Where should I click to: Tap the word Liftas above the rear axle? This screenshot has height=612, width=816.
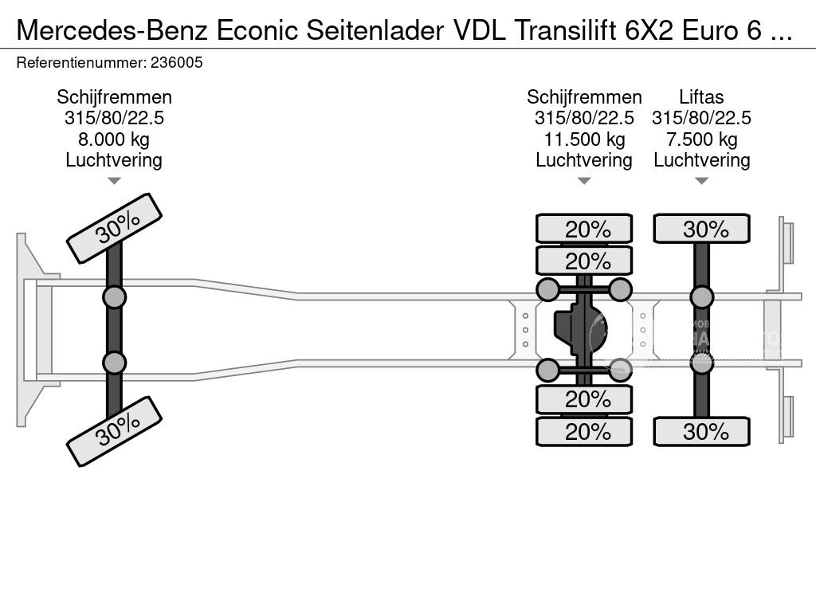click(x=701, y=97)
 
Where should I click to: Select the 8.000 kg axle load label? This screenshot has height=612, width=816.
click(x=114, y=139)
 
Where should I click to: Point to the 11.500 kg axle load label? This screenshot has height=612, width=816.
click(x=584, y=139)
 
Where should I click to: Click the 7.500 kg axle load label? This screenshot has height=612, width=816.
click(x=701, y=139)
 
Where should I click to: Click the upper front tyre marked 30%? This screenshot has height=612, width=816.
click(x=114, y=228)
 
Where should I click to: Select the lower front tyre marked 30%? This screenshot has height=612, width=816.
click(x=114, y=431)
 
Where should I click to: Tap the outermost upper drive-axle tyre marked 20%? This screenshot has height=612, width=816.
click(x=584, y=229)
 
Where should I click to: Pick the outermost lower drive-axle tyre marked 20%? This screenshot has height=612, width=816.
click(x=584, y=432)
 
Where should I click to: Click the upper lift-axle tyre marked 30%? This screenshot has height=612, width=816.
click(x=701, y=229)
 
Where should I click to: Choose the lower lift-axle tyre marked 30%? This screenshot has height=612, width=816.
click(x=701, y=432)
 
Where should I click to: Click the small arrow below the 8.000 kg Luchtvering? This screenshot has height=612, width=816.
click(x=114, y=181)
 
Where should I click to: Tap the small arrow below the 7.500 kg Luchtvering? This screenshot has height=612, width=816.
click(x=701, y=181)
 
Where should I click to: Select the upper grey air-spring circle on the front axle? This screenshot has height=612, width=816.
click(x=114, y=297)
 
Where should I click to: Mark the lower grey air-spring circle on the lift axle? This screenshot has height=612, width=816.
click(x=701, y=363)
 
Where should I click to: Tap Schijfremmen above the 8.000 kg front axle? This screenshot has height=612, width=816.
click(x=114, y=97)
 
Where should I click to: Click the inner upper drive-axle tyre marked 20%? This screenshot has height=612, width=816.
click(x=584, y=261)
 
